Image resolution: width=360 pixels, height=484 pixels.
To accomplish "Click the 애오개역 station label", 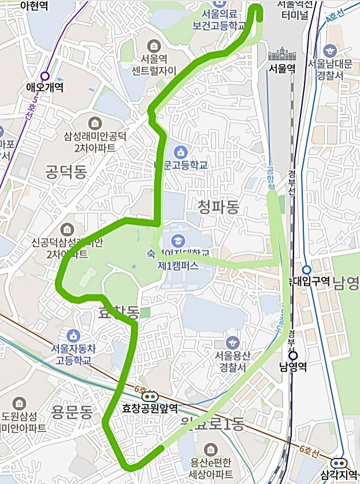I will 44,88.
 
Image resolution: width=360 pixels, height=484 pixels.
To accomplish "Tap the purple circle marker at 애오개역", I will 44,76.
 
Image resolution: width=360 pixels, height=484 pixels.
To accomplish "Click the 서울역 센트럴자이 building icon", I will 153,45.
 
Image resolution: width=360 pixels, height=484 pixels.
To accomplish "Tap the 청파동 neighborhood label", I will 218,207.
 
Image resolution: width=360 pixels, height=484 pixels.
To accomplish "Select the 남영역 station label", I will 291,366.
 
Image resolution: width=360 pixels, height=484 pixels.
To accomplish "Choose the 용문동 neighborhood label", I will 72,413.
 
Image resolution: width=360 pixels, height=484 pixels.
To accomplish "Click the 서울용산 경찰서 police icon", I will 232,342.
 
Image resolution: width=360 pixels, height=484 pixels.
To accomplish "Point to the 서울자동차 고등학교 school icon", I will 73,336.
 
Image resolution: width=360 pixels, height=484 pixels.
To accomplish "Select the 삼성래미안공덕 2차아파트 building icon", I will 95,123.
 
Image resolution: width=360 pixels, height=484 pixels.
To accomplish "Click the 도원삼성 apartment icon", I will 20,403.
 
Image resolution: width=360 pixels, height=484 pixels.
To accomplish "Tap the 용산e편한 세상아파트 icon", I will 210,449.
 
